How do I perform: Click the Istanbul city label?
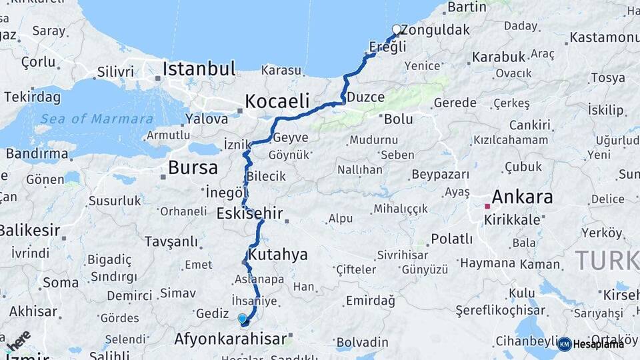point(199,69)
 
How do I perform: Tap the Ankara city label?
point(522,197)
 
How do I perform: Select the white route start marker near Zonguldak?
point(397,29)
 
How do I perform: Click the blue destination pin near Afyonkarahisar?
point(242,319)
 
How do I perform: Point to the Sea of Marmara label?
point(97,119)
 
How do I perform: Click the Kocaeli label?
point(277,101)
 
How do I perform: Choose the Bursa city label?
point(193,167)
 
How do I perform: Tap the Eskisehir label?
point(249,214)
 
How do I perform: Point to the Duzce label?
point(365,97)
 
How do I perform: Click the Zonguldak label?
point(437,30)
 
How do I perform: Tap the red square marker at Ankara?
point(487,207)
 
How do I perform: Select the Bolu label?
point(398,119)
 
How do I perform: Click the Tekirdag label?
point(32,97)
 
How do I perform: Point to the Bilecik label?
point(266,177)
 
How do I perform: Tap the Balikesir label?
point(28,231)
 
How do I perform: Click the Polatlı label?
point(451,239)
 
